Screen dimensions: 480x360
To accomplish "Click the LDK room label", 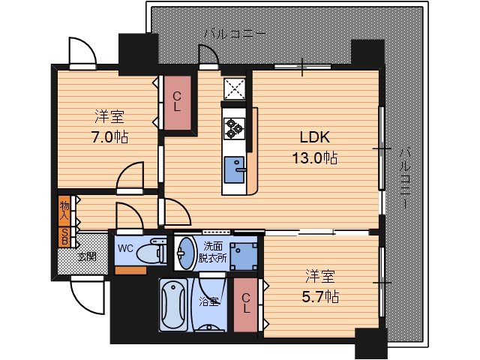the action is pos(315,137).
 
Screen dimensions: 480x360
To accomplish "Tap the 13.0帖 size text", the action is pos(315,158).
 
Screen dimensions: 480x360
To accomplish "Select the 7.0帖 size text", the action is pos(109,136).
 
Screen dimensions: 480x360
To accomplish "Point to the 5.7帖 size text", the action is pos(320,297).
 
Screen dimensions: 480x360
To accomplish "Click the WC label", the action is pos(125,248).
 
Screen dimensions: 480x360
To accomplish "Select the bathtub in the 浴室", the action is pos(173,304).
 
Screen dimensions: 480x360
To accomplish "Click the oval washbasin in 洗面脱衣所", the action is pos(185,253).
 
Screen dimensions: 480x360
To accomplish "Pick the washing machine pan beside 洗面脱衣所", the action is pos(244,256).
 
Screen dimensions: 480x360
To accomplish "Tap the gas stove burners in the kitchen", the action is pos(235,129).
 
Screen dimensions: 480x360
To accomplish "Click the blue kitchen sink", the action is pos(235,170).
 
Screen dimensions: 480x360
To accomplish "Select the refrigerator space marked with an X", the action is pos(235,88).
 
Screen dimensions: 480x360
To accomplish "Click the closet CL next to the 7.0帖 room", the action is pos(177,103).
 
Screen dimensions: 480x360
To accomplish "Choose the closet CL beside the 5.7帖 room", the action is pos(246,304).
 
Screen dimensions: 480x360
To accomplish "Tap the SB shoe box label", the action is pos(64,237).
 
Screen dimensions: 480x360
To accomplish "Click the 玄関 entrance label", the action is pos(87,256).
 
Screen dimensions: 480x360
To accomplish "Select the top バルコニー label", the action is pos(235,33).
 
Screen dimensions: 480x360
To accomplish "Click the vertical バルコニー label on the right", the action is pos(406,178).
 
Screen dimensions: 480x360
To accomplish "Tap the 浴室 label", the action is pos(209,301).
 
